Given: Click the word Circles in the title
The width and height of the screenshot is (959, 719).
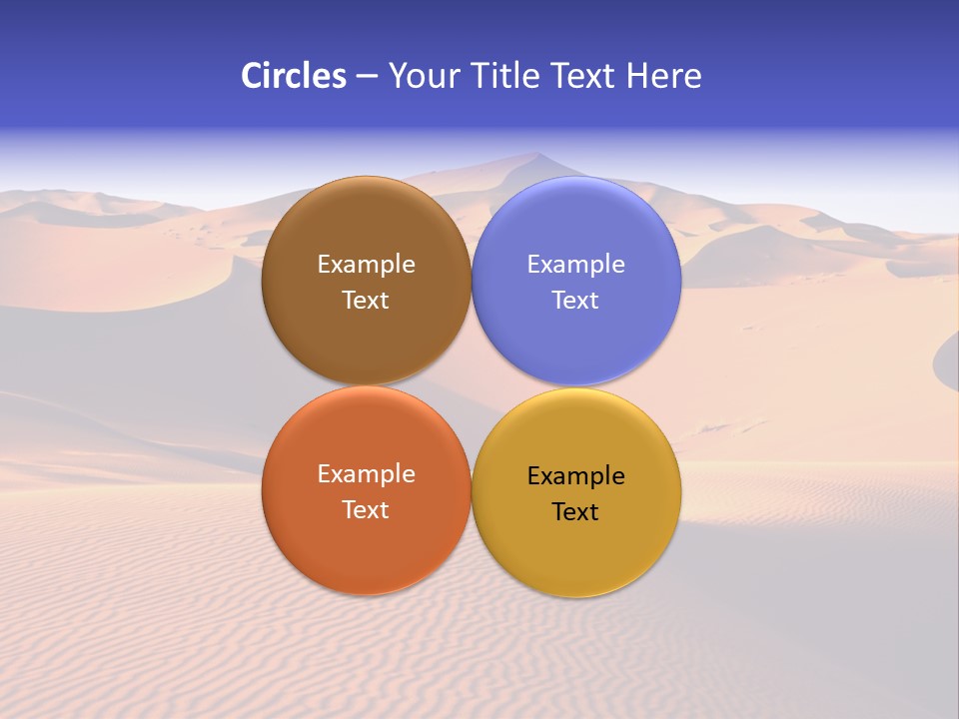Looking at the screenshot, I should (293, 76).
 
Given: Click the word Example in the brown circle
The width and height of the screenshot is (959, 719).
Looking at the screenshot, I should (366, 265).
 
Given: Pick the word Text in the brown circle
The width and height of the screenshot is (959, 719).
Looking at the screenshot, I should (366, 300).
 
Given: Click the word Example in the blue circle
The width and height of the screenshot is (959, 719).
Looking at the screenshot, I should (575, 265).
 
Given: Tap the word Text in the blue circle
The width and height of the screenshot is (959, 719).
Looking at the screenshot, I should (575, 300).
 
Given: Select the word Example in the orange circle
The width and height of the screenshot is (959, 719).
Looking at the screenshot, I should (366, 474).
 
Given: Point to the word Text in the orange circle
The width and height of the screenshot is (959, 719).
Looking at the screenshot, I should (366, 509).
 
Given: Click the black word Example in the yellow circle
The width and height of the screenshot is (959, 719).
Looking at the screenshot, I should (575, 476).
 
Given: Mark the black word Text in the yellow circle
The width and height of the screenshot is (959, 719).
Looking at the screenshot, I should (575, 511).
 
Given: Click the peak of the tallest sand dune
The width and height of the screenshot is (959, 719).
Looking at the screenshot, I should (536, 154).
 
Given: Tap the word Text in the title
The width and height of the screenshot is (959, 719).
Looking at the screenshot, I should (583, 76).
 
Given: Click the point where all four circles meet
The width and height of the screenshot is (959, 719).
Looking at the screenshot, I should (472, 386).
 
